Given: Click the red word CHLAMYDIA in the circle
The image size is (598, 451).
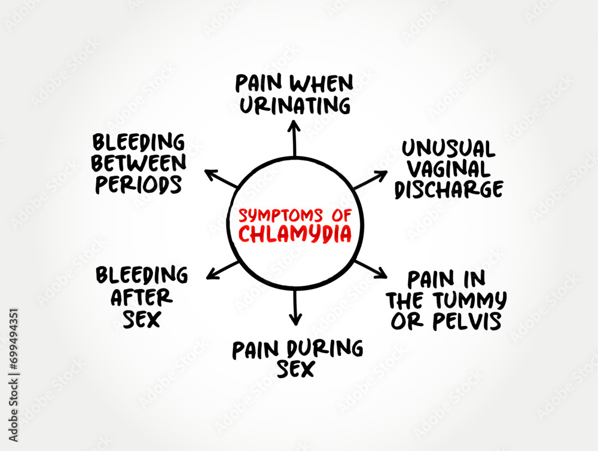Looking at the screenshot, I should pos(295,234).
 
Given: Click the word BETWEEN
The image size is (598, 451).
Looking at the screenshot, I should pos(138,164).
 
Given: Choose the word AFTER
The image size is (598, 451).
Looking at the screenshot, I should pos(141,297).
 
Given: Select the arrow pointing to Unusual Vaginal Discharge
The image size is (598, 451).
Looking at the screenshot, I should pos(371,180).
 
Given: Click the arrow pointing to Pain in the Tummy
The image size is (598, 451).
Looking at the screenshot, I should pos(371,268).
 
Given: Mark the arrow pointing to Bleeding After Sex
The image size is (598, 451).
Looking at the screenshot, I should pos(222,270).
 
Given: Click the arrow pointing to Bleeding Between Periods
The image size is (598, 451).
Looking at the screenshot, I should pos(221,179).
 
